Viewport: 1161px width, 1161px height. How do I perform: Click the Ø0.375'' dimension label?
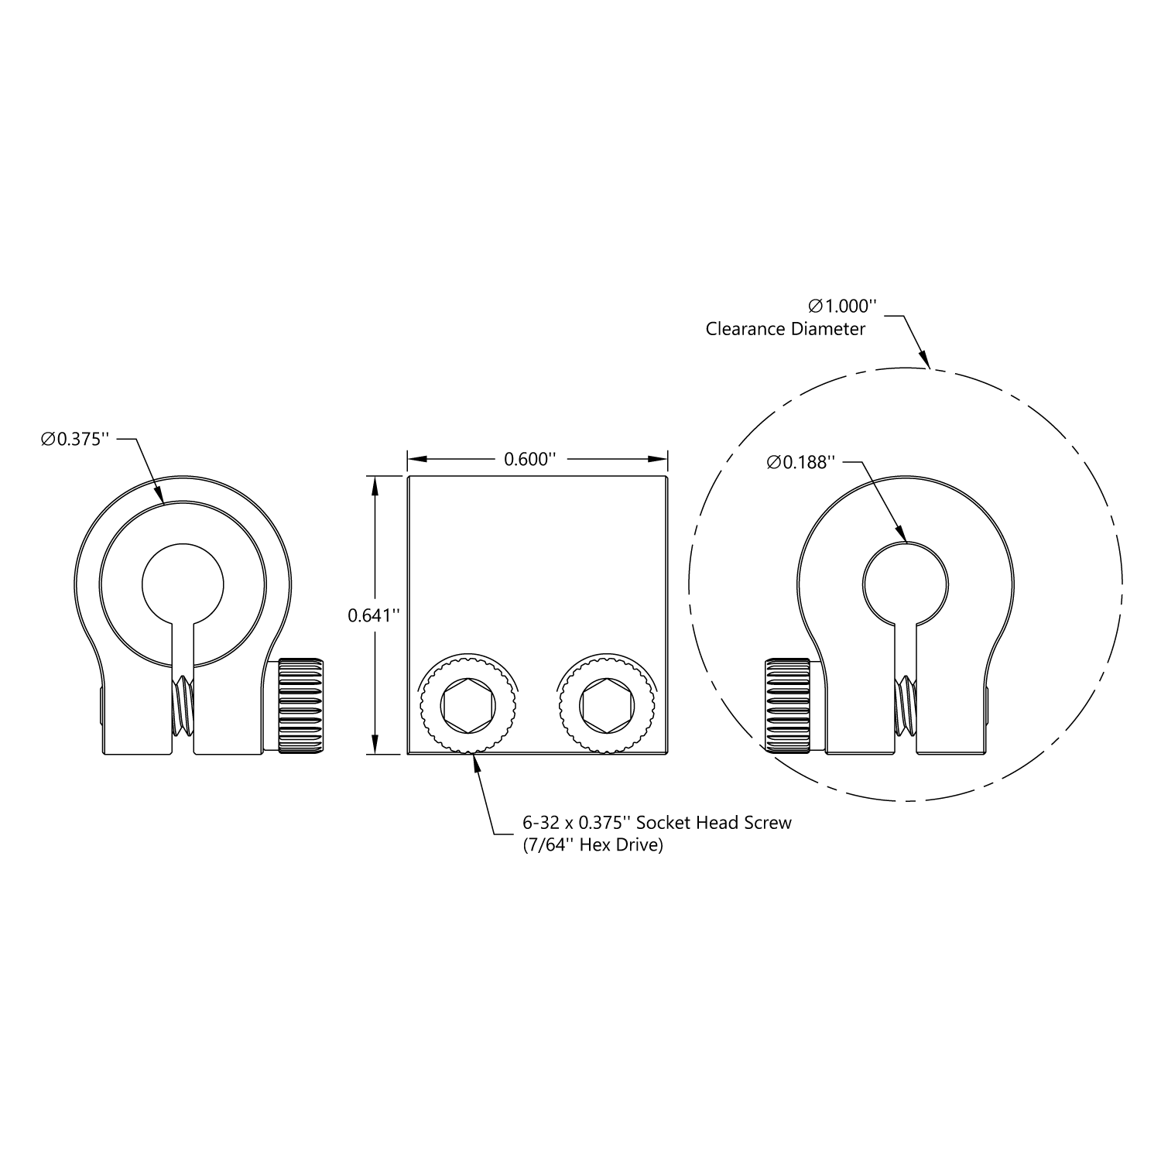tap(72, 440)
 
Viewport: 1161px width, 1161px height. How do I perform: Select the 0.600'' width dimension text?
tap(530, 459)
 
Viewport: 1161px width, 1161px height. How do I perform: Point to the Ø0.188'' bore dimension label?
tap(801, 462)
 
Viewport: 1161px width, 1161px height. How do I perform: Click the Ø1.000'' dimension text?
tap(842, 305)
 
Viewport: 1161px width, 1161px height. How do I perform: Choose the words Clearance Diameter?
tap(785, 329)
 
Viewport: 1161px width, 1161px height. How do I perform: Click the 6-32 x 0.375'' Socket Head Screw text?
tap(657, 822)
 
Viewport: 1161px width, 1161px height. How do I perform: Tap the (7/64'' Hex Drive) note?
tap(594, 845)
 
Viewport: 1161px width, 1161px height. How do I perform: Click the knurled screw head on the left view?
tap(300, 705)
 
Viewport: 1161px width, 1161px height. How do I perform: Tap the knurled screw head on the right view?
tap(788, 705)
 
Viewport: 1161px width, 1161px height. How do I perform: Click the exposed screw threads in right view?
tap(906, 706)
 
